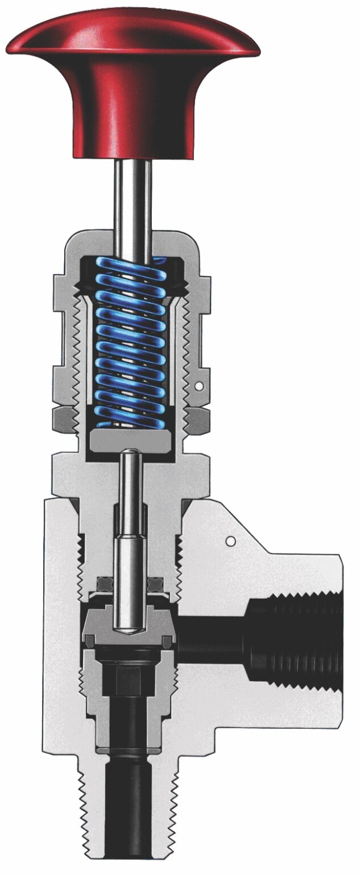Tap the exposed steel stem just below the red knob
tap(132, 193)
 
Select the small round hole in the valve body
tap(230, 539)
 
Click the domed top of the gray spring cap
tap(132, 239)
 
